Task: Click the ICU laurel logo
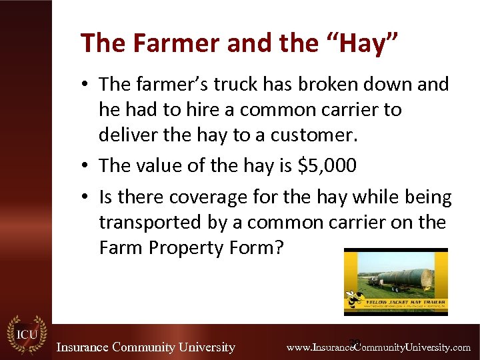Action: pyautogui.click(x=27, y=337)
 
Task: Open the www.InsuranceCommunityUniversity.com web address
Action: pyautogui.click(x=378, y=347)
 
